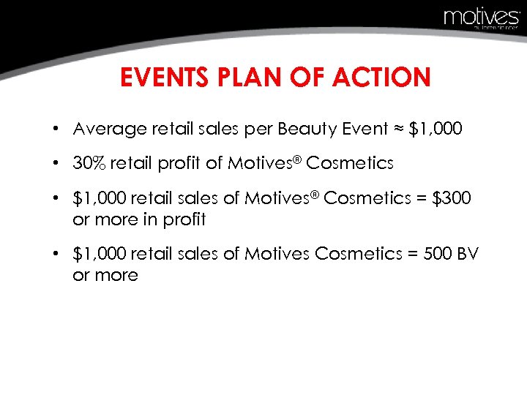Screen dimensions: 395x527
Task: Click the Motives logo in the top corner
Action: point(481,18)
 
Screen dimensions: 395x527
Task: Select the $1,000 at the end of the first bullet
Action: point(436,129)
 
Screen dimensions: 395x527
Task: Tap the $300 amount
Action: point(450,198)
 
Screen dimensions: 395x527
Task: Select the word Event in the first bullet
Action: point(359,129)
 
